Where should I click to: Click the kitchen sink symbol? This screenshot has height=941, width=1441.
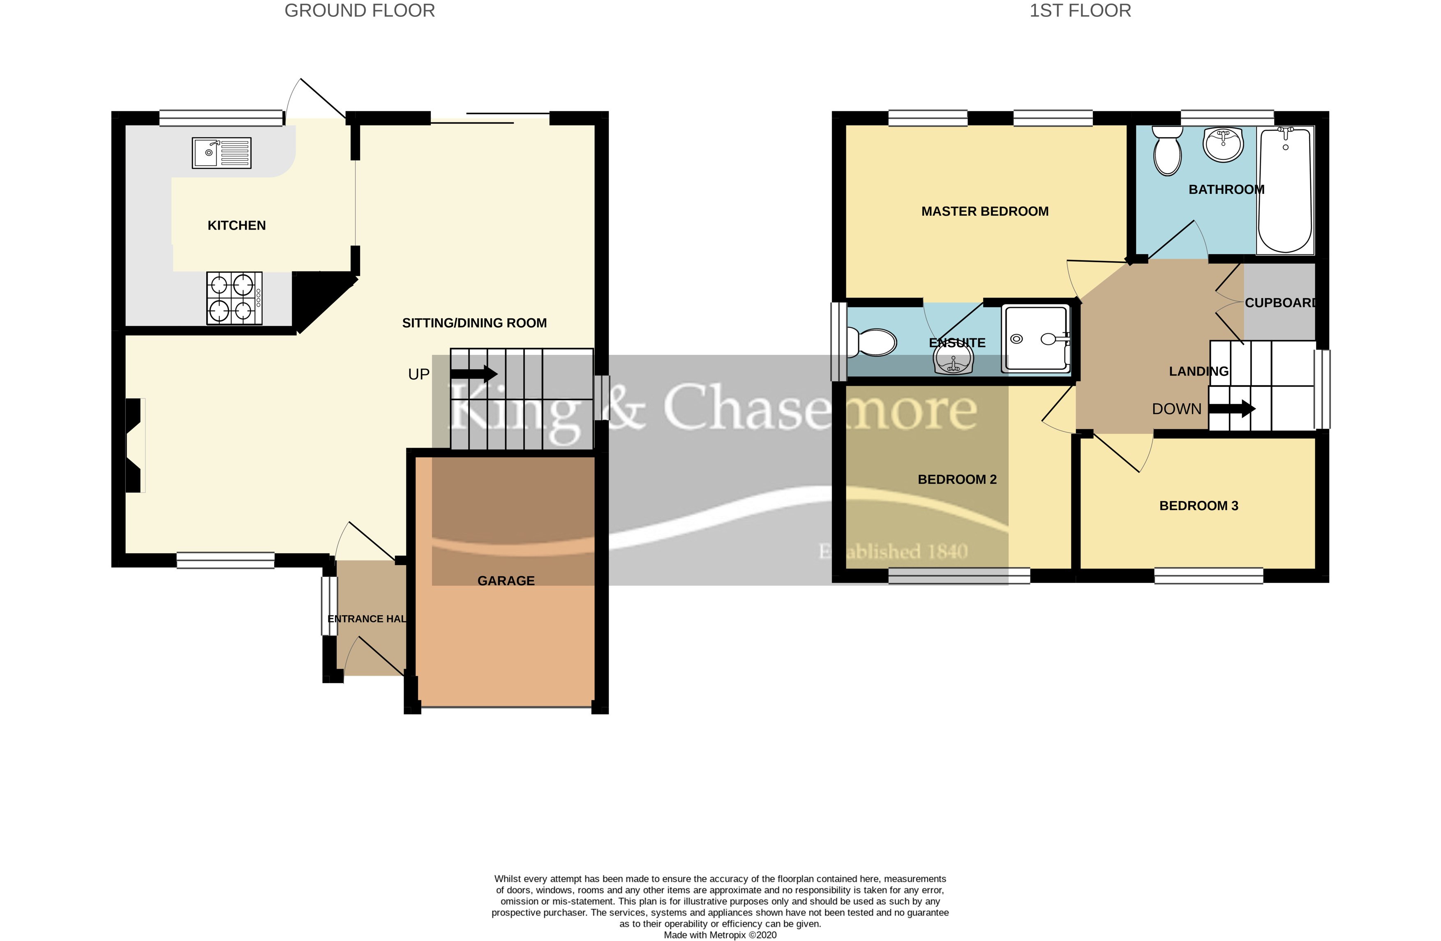click(221, 152)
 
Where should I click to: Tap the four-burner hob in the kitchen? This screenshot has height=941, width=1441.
click(234, 298)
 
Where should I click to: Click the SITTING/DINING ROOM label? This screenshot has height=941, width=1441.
click(474, 323)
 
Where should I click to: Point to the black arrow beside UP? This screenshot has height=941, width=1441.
click(473, 373)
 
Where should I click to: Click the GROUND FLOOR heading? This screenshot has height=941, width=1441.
click(360, 11)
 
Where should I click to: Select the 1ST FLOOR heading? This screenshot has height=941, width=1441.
click(1080, 11)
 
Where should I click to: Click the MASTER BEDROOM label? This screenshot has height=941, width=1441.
click(984, 211)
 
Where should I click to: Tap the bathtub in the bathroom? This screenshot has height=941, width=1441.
click(1285, 191)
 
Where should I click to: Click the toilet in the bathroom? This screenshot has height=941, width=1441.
click(1167, 151)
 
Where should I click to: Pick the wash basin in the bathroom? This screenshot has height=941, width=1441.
click(1224, 145)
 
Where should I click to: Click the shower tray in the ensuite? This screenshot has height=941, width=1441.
click(1035, 339)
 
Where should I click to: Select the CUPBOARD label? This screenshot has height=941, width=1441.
click(1280, 303)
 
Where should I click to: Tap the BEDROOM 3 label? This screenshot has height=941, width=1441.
click(1198, 506)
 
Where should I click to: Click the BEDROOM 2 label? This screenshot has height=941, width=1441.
click(957, 480)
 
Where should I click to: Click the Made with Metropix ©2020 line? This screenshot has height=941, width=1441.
click(720, 935)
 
